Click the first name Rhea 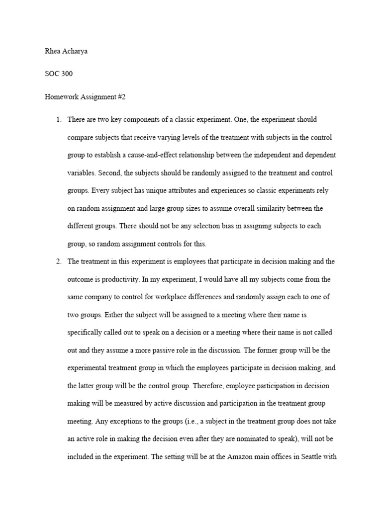(x=52, y=51)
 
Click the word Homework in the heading (x=61, y=97)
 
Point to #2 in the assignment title (x=121, y=97)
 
